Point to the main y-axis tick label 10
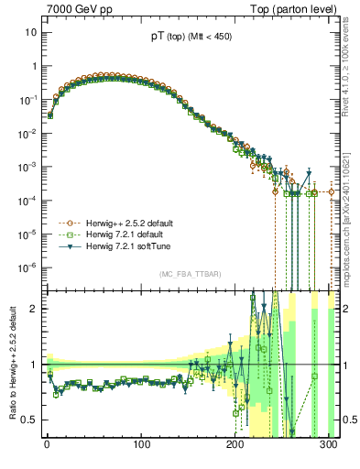[x=31, y=32]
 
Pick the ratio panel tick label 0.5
[x=30, y=420]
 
